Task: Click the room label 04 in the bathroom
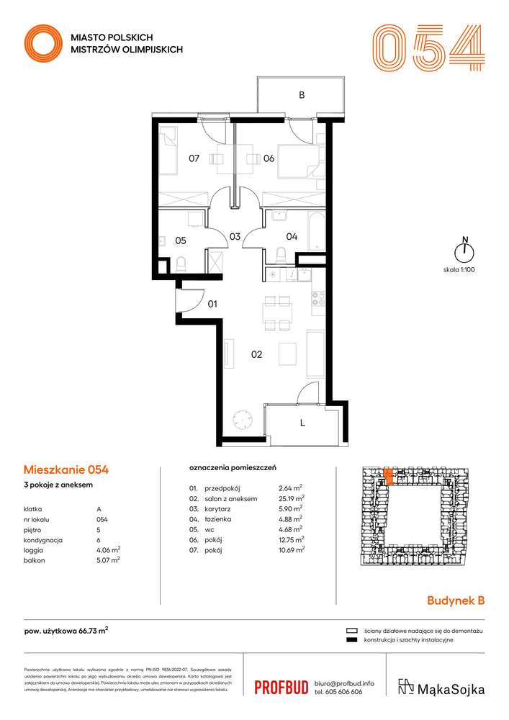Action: coord(292,235)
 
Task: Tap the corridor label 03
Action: coord(234,235)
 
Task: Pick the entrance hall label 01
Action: coord(212,304)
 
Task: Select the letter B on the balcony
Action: coord(302,94)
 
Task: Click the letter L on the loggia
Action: coord(302,423)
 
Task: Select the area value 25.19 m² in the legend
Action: coord(291,498)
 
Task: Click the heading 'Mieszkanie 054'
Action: coord(66,470)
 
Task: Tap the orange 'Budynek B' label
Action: coord(456,600)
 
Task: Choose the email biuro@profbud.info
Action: coord(343,682)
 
